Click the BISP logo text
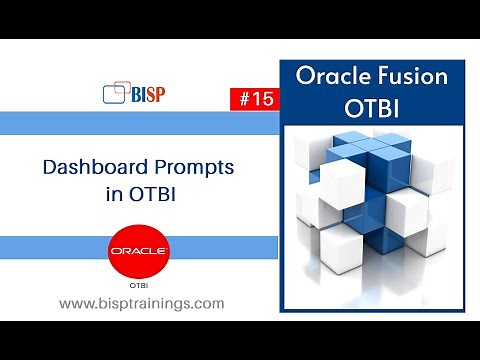coord(149,94)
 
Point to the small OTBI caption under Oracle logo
coord(140,284)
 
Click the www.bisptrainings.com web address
coord(141,303)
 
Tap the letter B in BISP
coord(136,94)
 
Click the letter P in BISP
coord(162,94)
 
